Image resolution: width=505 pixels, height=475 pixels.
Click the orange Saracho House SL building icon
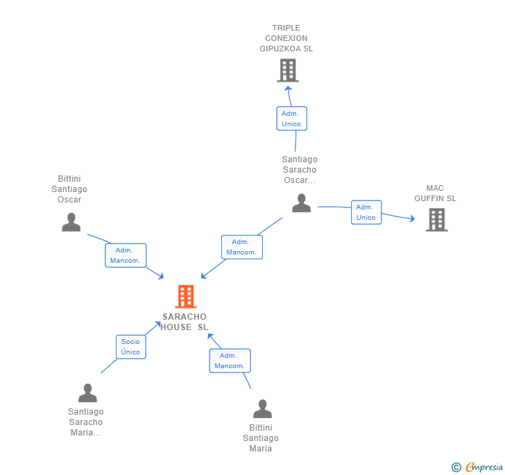[185, 297]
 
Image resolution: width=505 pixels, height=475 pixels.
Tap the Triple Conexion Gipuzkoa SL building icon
[287, 70]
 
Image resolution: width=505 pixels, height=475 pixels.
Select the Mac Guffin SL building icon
[436, 220]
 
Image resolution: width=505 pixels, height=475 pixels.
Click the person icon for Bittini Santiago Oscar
[71, 223]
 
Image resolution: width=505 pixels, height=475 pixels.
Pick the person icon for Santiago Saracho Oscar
[301, 203]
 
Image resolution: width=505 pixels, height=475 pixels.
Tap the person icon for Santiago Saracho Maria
[87, 393]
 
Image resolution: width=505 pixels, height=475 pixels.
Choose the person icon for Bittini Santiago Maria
[262, 409]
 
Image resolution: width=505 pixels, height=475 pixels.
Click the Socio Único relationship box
[130, 347]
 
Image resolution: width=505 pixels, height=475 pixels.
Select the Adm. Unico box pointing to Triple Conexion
[291, 119]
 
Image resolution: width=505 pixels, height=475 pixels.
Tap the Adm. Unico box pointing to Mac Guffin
[366, 212]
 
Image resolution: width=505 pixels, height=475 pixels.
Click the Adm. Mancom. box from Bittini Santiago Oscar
[126, 255]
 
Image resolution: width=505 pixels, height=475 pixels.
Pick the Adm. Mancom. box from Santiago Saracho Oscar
[241, 247]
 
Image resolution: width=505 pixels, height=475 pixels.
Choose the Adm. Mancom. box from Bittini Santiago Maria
[230, 361]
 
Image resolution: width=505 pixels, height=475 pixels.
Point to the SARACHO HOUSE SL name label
[185, 322]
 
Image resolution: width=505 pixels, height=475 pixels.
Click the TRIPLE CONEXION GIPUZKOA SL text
[286, 38]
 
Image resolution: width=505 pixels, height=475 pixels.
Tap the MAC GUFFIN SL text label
[435, 193]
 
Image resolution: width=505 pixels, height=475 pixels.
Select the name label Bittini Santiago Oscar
[69, 189]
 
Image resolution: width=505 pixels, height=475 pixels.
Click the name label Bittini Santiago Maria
[261, 438]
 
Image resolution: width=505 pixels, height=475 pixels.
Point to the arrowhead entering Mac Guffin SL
[411, 220]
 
